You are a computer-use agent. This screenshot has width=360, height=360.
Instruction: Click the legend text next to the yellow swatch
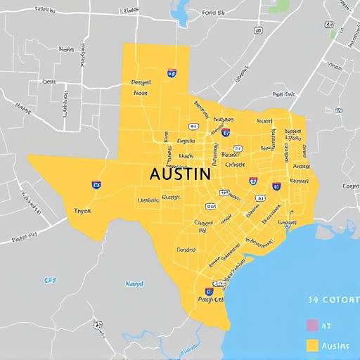coord(335,345)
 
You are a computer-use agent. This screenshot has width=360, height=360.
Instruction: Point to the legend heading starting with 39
coord(333,300)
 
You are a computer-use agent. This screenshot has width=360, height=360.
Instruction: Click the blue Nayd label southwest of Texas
coord(134,284)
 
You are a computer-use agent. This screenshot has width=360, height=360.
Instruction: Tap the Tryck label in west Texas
coord(82,210)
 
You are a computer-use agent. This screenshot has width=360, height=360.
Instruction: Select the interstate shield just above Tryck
coord(96,185)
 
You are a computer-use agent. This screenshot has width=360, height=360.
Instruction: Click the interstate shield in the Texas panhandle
coord(172,72)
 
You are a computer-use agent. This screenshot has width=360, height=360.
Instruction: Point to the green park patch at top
coord(280,6)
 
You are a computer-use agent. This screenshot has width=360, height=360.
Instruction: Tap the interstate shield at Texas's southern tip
coord(210,291)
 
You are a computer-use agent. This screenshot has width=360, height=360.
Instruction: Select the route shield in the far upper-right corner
coord(349,42)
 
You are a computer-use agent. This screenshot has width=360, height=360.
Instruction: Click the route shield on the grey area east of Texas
coord(338,110)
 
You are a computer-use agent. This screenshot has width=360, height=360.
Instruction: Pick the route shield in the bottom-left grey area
coord(98,325)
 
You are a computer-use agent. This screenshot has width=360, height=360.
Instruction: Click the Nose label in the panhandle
coord(141,92)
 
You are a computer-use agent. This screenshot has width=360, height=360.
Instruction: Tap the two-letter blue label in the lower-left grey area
coord(50,280)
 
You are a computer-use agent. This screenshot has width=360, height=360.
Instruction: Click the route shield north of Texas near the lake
coord(257,31)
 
